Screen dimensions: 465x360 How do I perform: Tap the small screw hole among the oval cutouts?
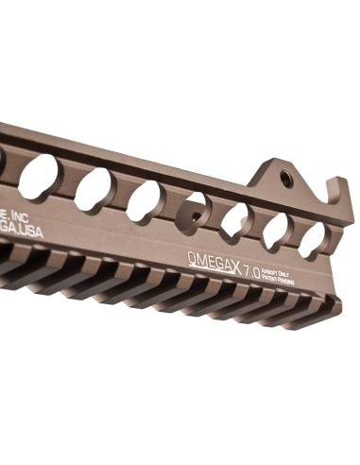(196, 215)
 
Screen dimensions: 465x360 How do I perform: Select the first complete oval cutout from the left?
(39, 177)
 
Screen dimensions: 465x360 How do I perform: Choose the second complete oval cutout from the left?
(94, 189)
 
